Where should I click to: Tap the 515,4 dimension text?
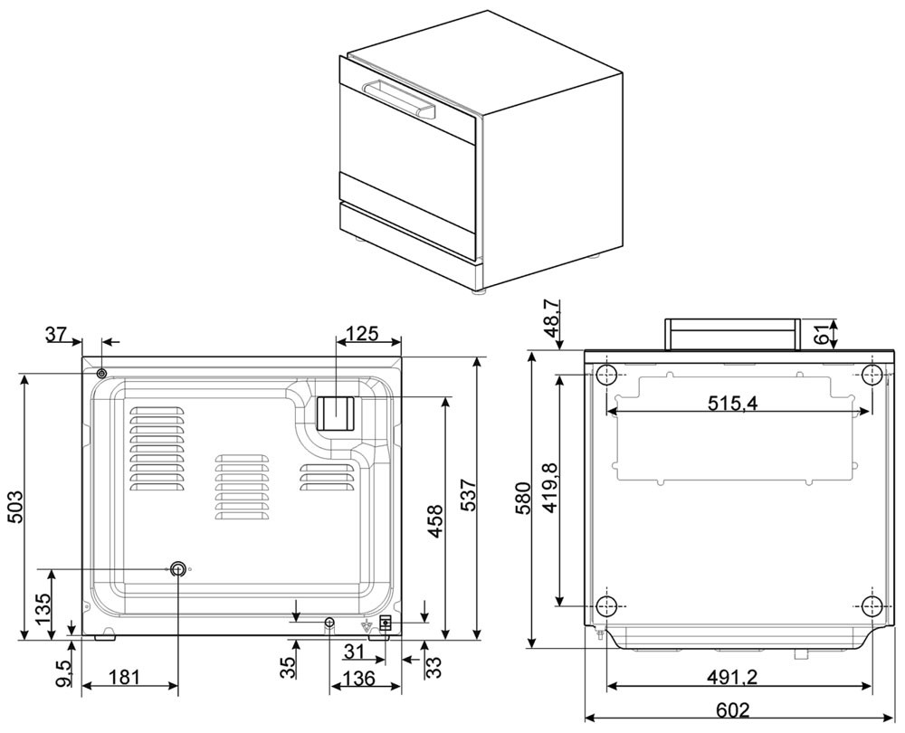point(734,404)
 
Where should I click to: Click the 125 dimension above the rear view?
point(362,335)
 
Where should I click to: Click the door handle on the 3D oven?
point(398,97)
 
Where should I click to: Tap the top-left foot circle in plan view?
point(608,373)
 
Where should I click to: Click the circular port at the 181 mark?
point(177,568)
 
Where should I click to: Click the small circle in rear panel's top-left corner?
point(101,373)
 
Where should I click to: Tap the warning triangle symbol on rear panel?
point(367,625)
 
